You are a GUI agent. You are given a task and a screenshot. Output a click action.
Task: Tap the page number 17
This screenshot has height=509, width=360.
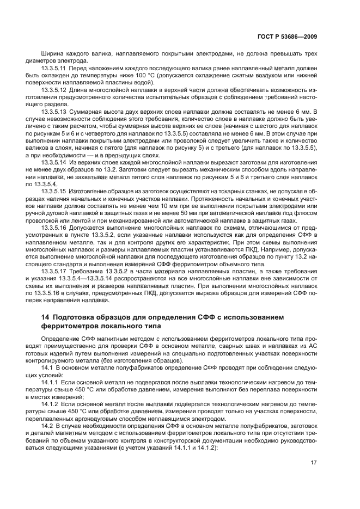pyautogui.click(x=314, y=463)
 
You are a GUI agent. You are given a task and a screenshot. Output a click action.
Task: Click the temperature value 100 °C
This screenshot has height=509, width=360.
pyautogui.click(x=138, y=77)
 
